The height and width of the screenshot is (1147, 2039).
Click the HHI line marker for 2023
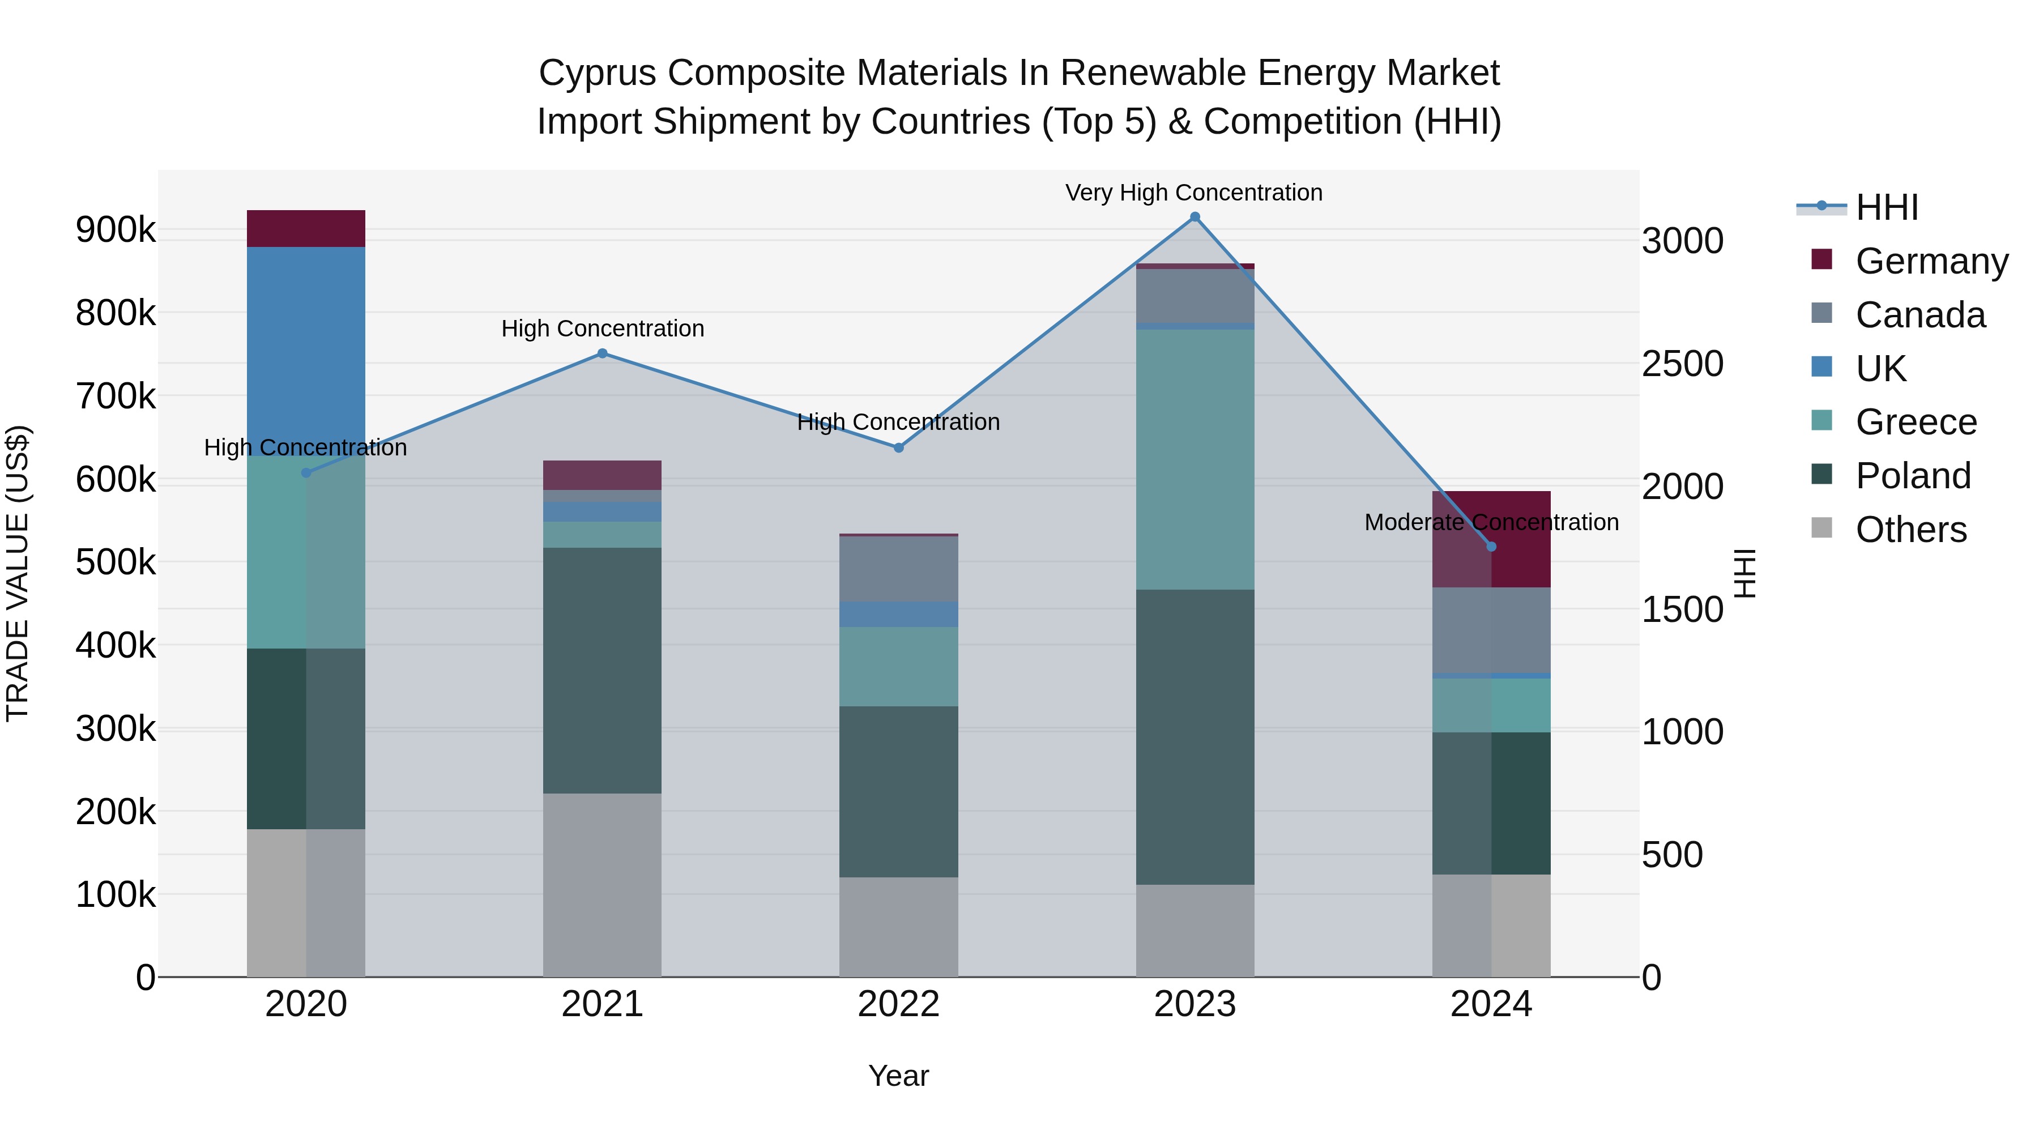pos(1195,217)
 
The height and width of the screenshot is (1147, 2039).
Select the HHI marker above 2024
pos(1491,546)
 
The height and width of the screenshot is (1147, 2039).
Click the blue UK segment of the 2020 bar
pos(306,351)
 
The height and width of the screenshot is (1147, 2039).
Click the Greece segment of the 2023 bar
pos(1195,459)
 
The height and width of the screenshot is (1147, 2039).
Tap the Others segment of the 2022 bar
pos(898,926)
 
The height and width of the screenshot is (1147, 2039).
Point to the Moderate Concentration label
pos(1491,522)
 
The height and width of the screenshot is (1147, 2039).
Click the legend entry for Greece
pos(1916,422)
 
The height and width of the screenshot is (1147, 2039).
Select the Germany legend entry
pos(1931,261)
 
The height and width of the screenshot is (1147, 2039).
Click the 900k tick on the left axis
pos(116,231)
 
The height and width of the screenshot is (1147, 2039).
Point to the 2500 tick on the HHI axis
pos(1682,364)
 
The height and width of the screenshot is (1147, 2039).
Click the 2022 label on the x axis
pos(898,1004)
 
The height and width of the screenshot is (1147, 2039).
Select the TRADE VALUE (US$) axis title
pos(18,573)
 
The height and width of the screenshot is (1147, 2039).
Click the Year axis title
pos(898,1076)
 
